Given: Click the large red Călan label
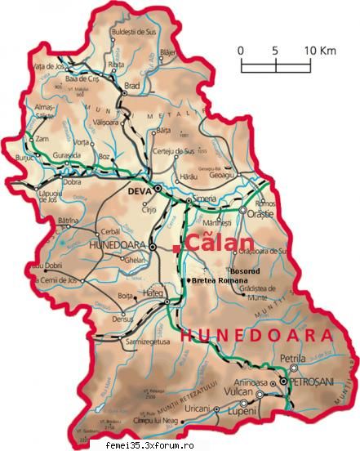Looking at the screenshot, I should [215, 243].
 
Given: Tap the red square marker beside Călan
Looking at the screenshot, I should [176, 244].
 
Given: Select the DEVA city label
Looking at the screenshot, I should [140, 191].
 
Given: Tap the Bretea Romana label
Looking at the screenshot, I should [220, 280].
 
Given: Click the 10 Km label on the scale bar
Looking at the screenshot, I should [321, 50].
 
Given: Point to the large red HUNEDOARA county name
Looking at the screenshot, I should [256, 335].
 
